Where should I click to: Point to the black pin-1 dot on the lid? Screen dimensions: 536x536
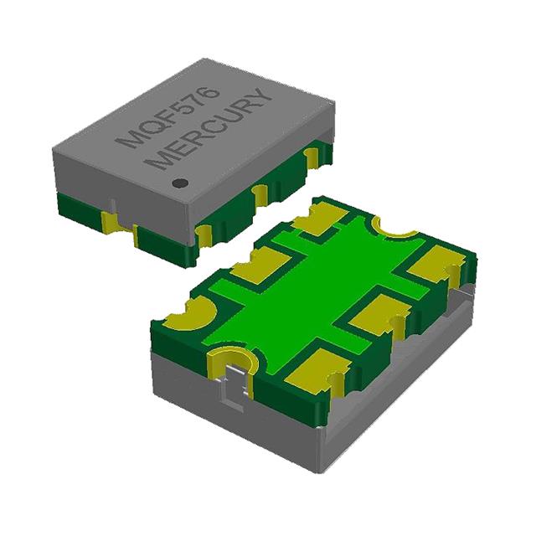click(x=178, y=181)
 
